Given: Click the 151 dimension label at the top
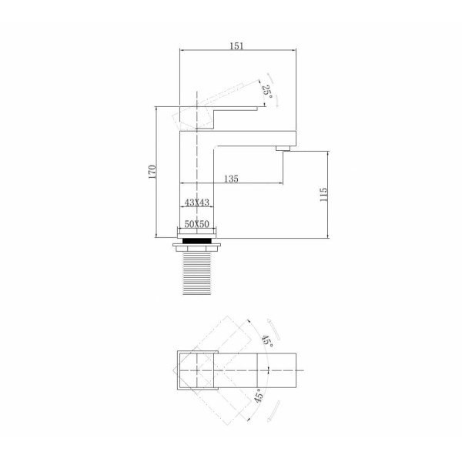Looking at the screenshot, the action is tap(236, 46).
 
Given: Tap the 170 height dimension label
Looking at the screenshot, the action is tap(152, 172).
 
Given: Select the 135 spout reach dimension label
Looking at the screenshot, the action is tap(231, 179).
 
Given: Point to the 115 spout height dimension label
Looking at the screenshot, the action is tap(323, 195).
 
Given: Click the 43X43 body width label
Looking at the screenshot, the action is tap(197, 203).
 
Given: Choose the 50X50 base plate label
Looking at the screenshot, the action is tap(197, 224).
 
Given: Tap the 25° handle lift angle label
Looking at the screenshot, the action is tap(267, 91).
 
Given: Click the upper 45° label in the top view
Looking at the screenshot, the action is tap(267, 341).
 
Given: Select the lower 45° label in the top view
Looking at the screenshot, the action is tap(258, 396).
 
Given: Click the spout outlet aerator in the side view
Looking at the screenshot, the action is tap(283, 148).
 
